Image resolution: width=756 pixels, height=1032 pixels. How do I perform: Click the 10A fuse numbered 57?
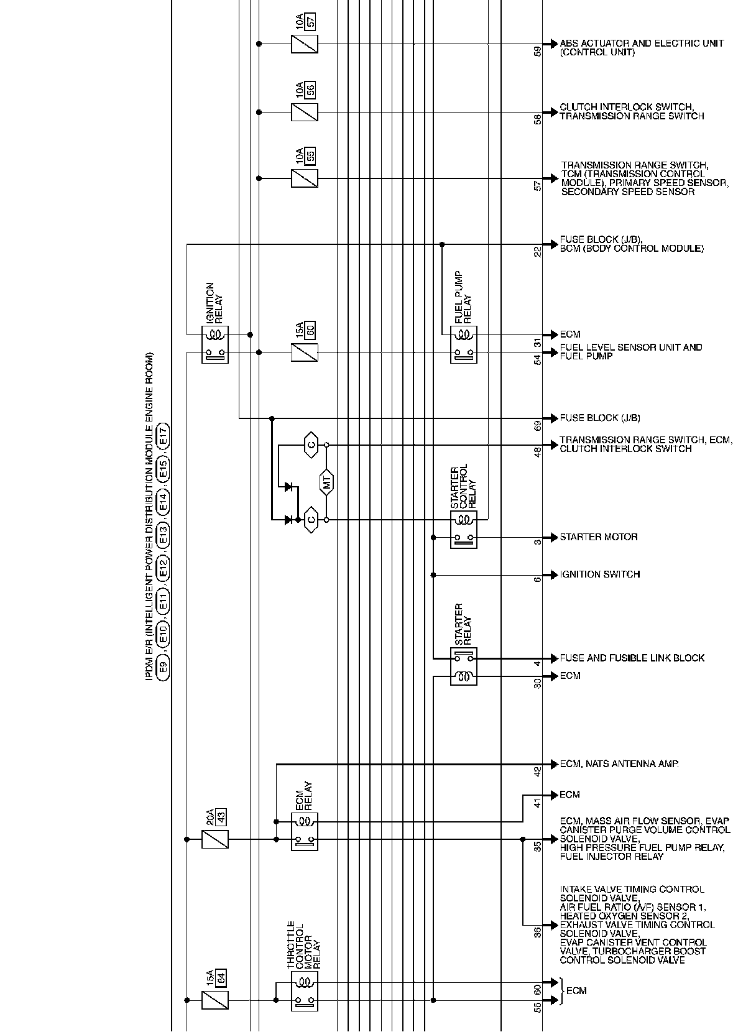(x=305, y=44)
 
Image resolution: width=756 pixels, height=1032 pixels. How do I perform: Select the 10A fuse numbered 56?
(x=305, y=113)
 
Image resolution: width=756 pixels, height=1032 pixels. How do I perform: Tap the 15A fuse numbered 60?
(x=305, y=352)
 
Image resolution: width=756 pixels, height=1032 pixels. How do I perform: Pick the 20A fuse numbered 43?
(x=215, y=839)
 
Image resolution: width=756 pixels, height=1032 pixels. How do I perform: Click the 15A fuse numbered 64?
(x=215, y=1000)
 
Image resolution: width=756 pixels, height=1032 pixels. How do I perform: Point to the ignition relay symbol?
(x=215, y=344)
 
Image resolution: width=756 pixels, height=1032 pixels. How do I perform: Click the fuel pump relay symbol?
(x=464, y=344)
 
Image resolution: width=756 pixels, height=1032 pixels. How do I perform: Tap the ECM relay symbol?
(x=305, y=831)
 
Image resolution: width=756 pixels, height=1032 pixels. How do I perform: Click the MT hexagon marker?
(x=327, y=482)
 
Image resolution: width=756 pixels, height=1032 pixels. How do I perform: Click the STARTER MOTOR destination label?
(x=598, y=537)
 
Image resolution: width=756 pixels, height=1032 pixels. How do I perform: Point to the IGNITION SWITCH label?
(x=599, y=574)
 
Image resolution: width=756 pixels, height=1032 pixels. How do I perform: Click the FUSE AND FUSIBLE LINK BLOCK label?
(x=632, y=658)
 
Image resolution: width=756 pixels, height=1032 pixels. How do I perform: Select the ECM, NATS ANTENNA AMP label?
(x=619, y=764)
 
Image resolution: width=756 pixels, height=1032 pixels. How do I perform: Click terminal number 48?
(x=538, y=452)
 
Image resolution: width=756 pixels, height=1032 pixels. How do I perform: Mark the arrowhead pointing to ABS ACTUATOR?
(x=551, y=44)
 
